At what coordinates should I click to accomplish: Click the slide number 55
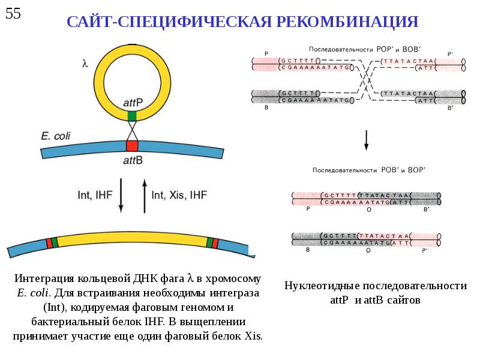13,13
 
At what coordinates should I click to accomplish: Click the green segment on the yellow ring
132,115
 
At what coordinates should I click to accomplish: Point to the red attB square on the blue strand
132,145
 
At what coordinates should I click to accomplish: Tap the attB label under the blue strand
132,160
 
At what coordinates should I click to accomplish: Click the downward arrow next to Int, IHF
121,195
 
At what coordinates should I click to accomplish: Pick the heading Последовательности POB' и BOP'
364,170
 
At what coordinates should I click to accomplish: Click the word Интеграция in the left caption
43,279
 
